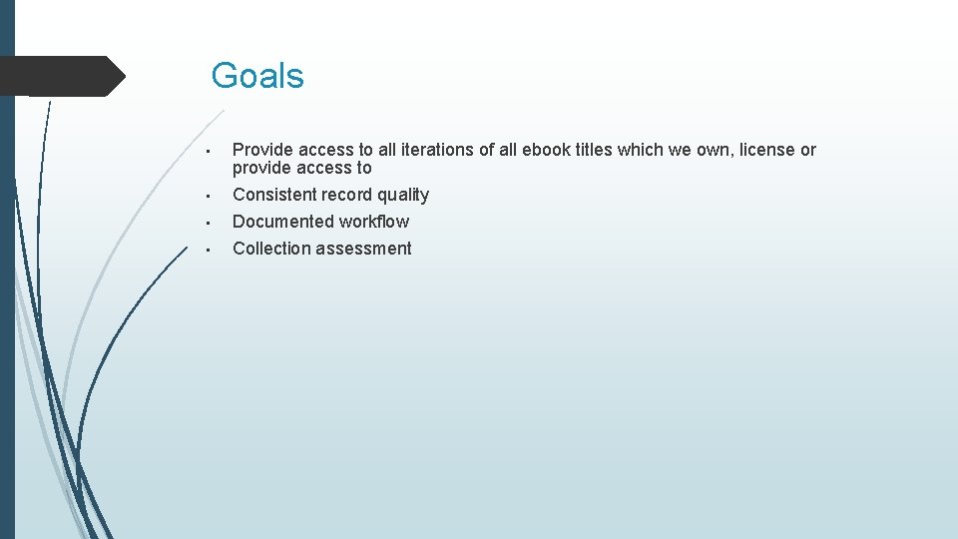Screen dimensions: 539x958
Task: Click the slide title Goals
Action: coord(257,76)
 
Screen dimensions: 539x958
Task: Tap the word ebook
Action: coord(547,150)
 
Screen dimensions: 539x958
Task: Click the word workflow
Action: coord(374,222)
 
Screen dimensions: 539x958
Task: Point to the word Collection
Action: coord(271,249)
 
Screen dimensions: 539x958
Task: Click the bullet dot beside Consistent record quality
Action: coord(205,196)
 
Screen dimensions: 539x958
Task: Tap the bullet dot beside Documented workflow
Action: coord(205,223)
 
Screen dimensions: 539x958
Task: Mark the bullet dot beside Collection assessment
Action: coord(205,250)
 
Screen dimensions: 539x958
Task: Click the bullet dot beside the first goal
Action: coord(205,152)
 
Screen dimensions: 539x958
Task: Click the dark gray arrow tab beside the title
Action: coord(62,76)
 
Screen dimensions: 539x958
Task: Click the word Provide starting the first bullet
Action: coord(262,150)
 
